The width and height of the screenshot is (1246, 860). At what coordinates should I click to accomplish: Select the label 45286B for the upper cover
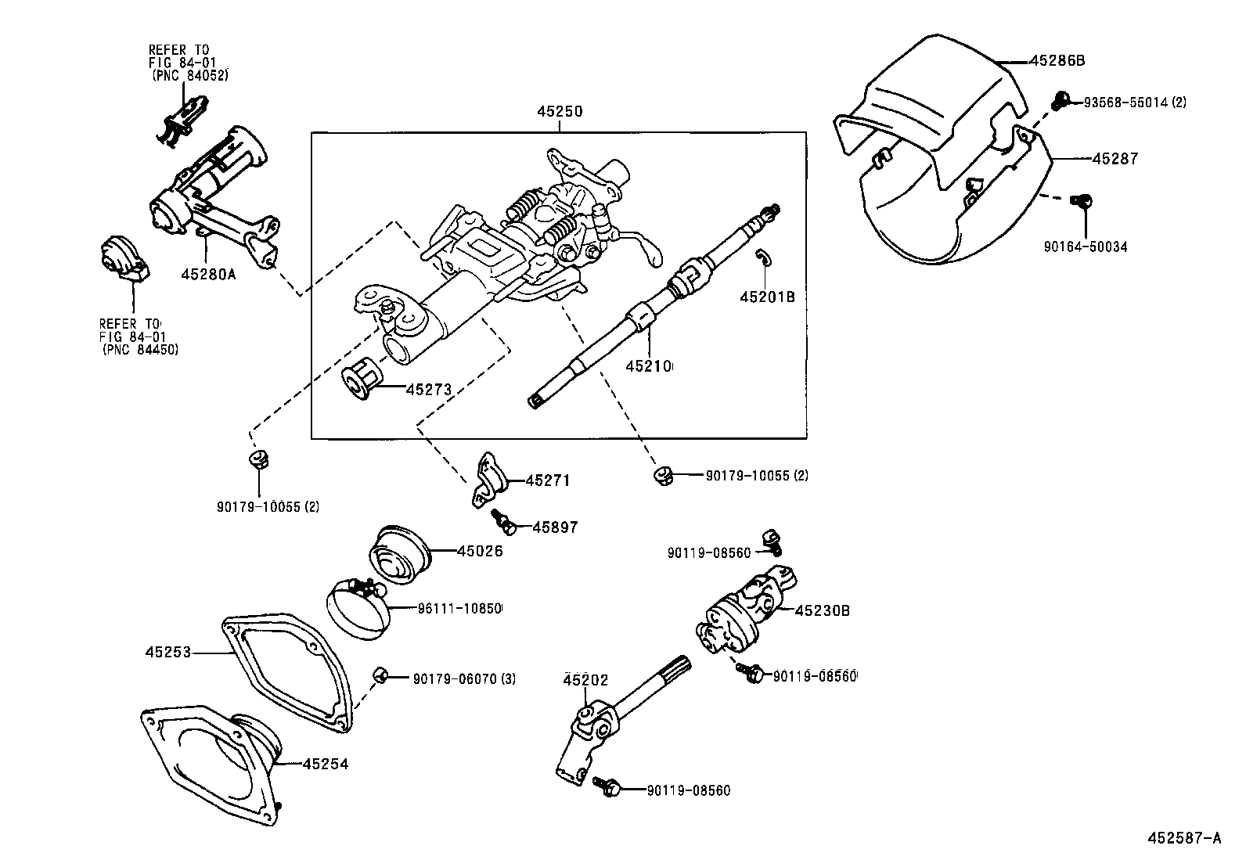tap(1057, 60)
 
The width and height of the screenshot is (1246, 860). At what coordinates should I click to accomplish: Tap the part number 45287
tap(1115, 159)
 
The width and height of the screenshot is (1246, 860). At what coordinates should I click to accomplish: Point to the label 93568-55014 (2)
tap(1134, 102)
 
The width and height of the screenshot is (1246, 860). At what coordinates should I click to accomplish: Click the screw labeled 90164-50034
tap(1082, 201)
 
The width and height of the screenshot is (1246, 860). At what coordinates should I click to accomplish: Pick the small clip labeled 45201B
tap(762, 257)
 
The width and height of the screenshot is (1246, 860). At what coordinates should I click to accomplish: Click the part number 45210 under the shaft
tap(649, 365)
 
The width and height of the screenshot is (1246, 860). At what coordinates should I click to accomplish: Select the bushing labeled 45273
tap(363, 380)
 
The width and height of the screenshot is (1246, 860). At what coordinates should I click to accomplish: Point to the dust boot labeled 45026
tap(399, 554)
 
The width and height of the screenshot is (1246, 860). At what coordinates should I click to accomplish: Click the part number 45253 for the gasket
tap(167, 651)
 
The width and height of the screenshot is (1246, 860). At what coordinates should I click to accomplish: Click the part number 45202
tap(585, 680)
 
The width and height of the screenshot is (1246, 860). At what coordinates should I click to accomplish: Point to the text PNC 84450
tap(140, 350)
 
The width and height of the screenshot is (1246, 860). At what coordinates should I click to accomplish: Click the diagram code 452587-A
tap(1183, 838)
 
